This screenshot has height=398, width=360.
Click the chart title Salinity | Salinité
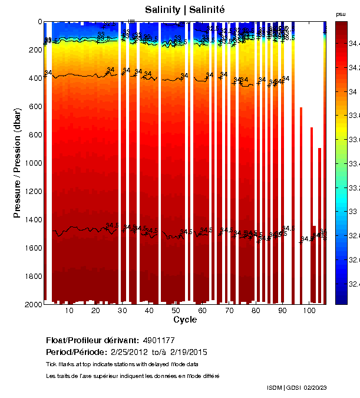point(185,10)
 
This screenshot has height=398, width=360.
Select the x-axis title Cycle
point(185,320)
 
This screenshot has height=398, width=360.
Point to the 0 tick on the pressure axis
point(39,22)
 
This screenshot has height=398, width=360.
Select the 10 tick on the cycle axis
point(69,311)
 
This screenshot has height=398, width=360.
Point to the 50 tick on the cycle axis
point(176,311)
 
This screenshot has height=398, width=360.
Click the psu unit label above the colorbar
point(341,14)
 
